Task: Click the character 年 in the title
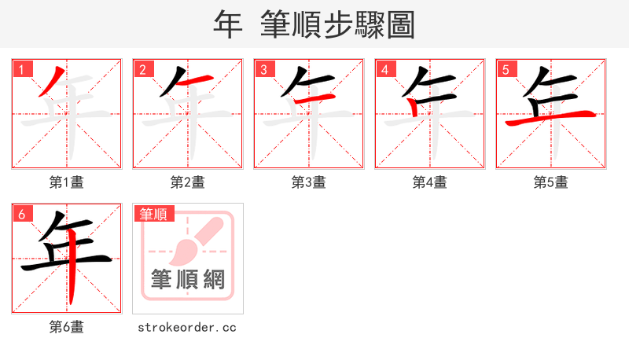[x=227, y=24]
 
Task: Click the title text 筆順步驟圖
[x=338, y=24]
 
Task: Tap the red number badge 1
[x=21, y=69]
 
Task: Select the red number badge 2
[x=142, y=69]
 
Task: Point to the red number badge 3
[x=263, y=69]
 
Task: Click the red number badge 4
[x=384, y=69]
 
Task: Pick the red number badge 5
[x=506, y=69]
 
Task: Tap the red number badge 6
[x=21, y=214]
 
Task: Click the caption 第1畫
[x=67, y=182]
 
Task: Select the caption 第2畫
[x=188, y=182]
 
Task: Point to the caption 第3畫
[x=309, y=182]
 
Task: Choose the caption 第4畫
[x=430, y=182]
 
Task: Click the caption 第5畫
[x=551, y=182]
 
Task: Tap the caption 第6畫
[x=67, y=327]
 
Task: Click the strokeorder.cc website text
[x=187, y=327]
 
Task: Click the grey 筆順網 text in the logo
[x=188, y=280]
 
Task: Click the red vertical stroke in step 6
[x=71, y=275]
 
